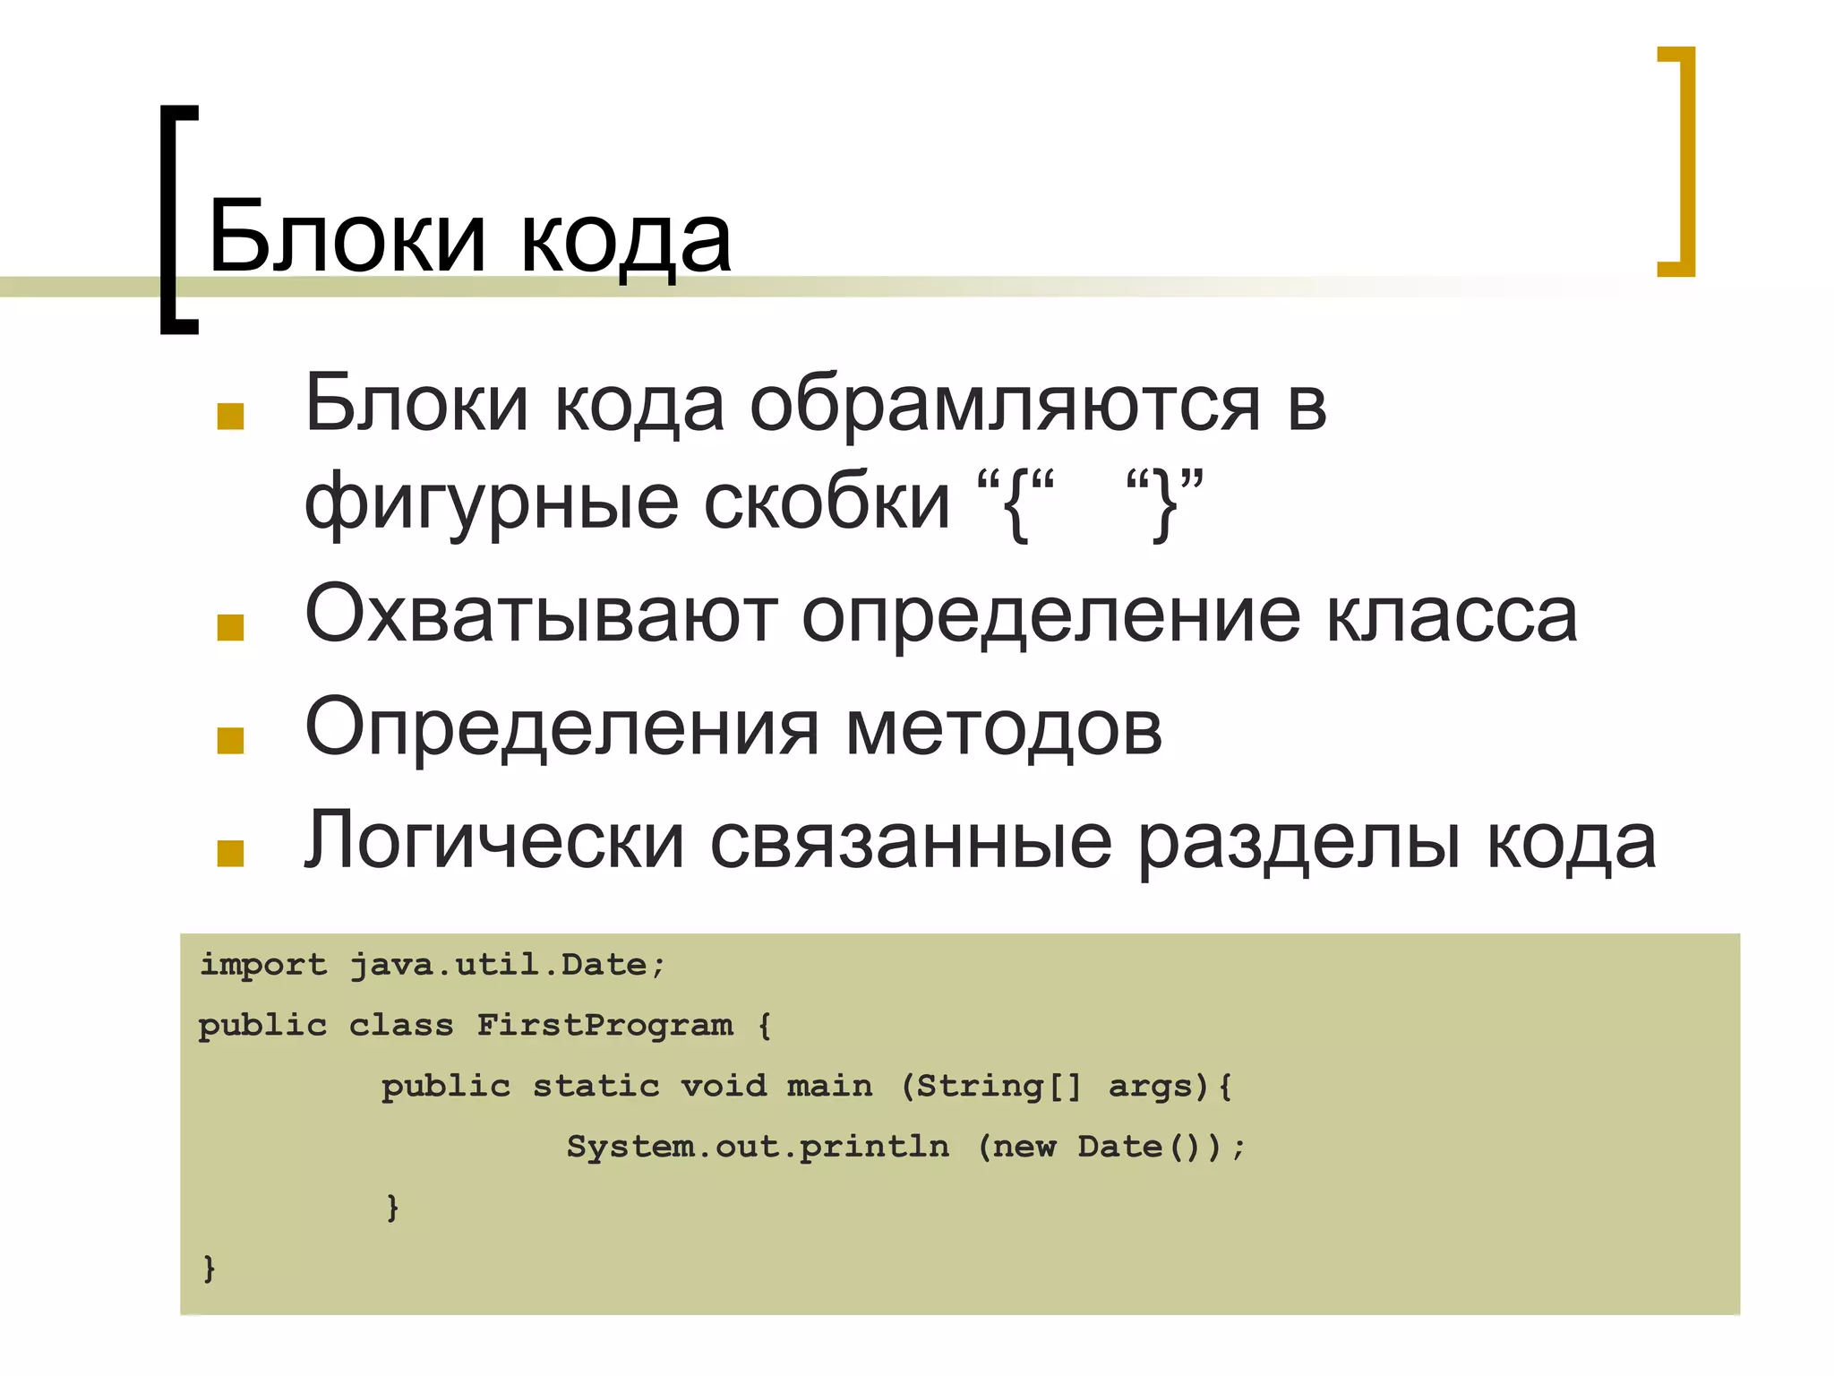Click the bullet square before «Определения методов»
(x=230, y=740)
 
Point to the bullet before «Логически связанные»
(x=230, y=853)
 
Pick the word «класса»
(x=1451, y=616)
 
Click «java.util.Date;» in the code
(x=507, y=965)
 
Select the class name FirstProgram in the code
(x=604, y=1025)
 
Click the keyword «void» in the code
(x=724, y=1086)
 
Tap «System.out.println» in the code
(x=758, y=1147)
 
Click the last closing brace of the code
(x=210, y=1268)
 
